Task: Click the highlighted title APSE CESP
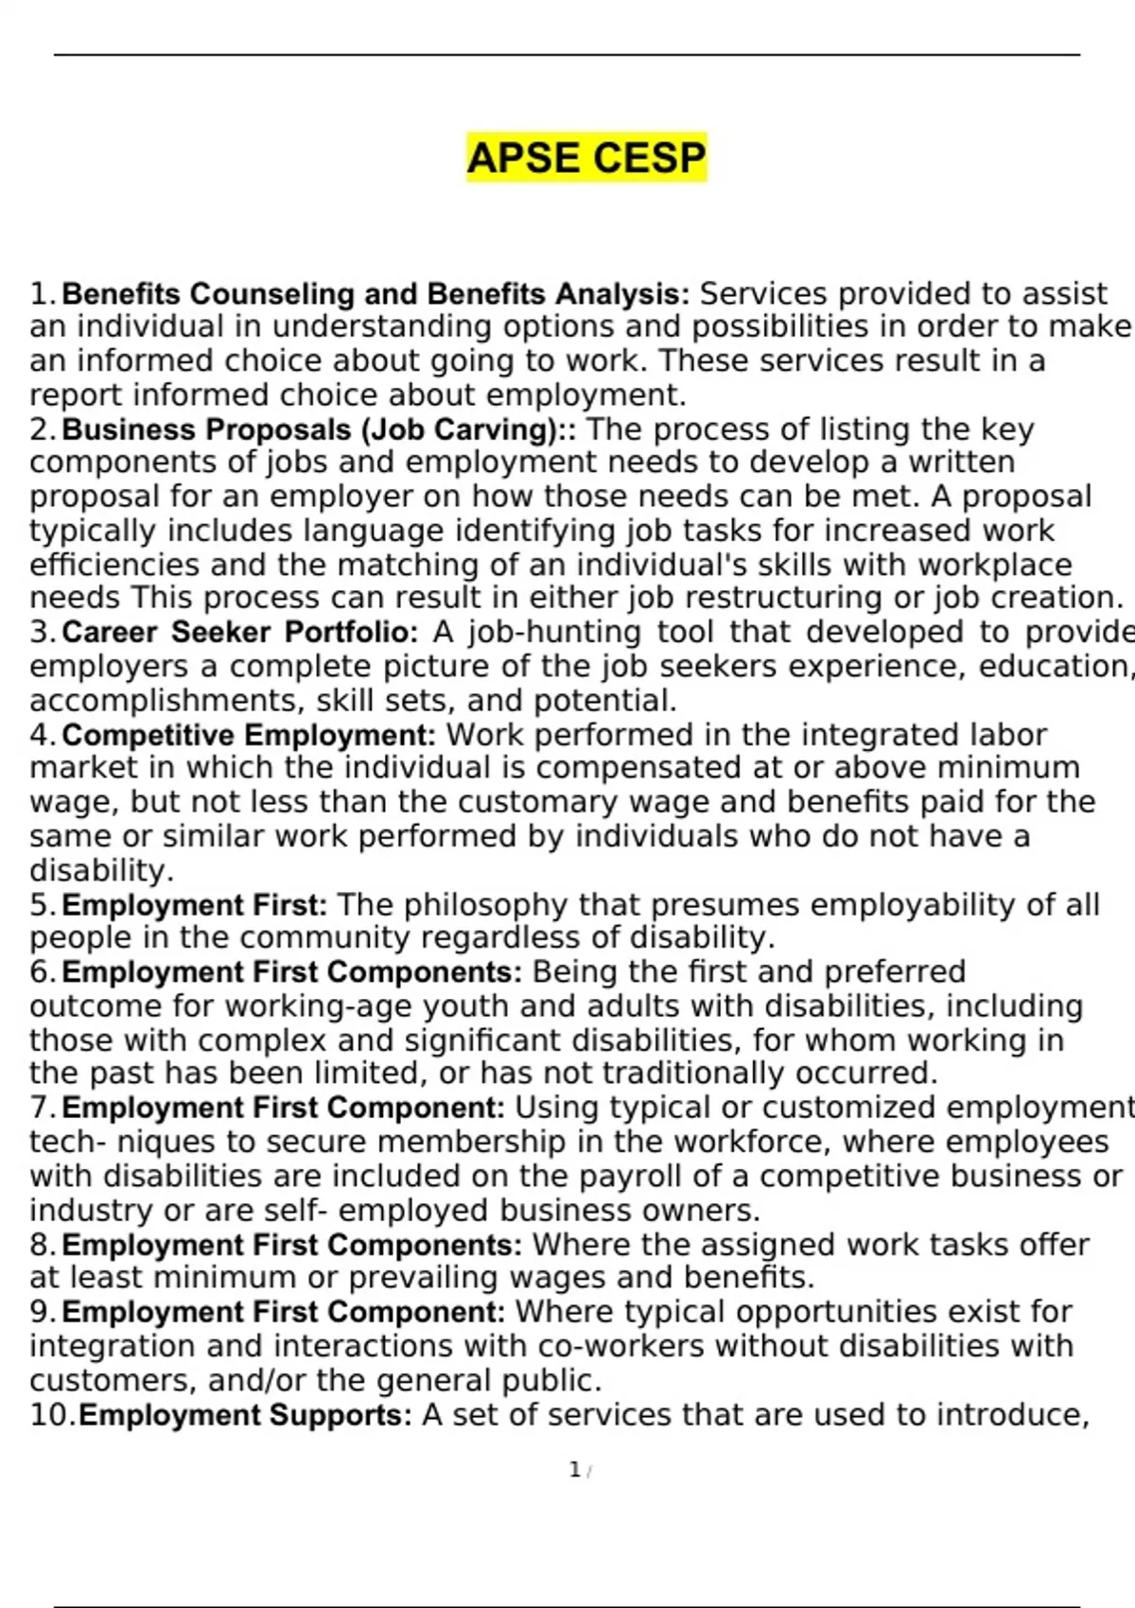pos(586,157)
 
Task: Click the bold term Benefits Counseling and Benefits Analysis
pos(375,294)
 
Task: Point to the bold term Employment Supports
pos(245,1415)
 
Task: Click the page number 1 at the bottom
pos(574,1470)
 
